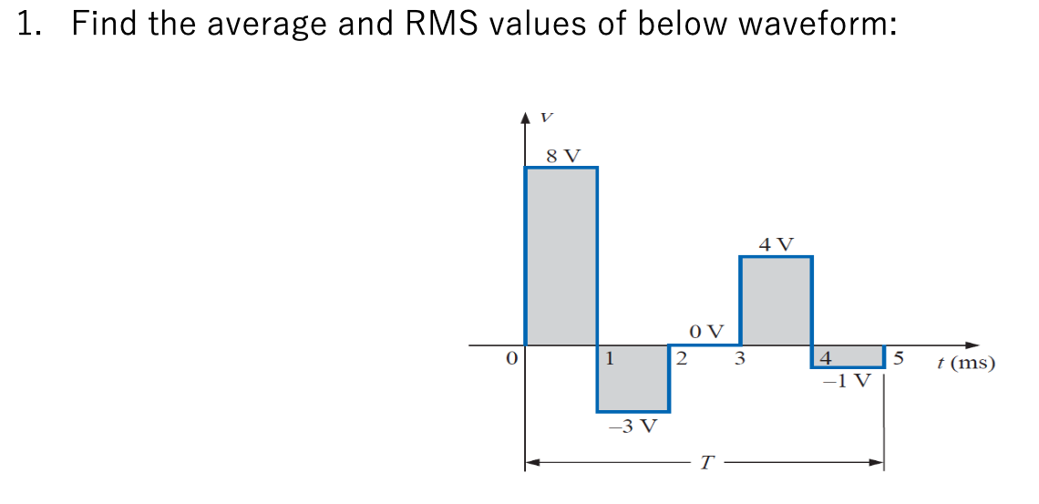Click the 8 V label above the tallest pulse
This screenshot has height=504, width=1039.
pyautogui.click(x=561, y=155)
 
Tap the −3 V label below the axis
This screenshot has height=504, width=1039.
pyautogui.click(x=633, y=426)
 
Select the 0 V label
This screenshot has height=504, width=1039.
pyautogui.click(x=706, y=330)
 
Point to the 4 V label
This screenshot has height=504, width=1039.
pyautogui.click(x=776, y=244)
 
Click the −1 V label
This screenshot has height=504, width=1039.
pyautogui.click(x=847, y=380)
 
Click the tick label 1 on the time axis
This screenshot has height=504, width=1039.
pyautogui.click(x=610, y=358)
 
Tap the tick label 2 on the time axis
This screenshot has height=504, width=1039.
pyautogui.click(x=680, y=359)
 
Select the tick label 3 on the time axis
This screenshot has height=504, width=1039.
pyautogui.click(x=740, y=359)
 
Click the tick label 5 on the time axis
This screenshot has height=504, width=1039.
pyautogui.click(x=898, y=358)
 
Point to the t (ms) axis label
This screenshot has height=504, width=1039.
pyautogui.click(x=966, y=364)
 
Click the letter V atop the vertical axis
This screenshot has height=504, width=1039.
pyautogui.click(x=546, y=118)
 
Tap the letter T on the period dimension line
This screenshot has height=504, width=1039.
pyautogui.click(x=705, y=464)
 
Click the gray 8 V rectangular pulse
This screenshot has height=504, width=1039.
pyautogui.click(x=561, y=255)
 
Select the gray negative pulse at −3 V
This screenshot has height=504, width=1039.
pyautogui.click(x=633, y=378)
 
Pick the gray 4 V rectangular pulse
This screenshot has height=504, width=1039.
pyautogui.click(x=776, y=301)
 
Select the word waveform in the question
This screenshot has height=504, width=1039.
pyautogui.click(x=817, y=24)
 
